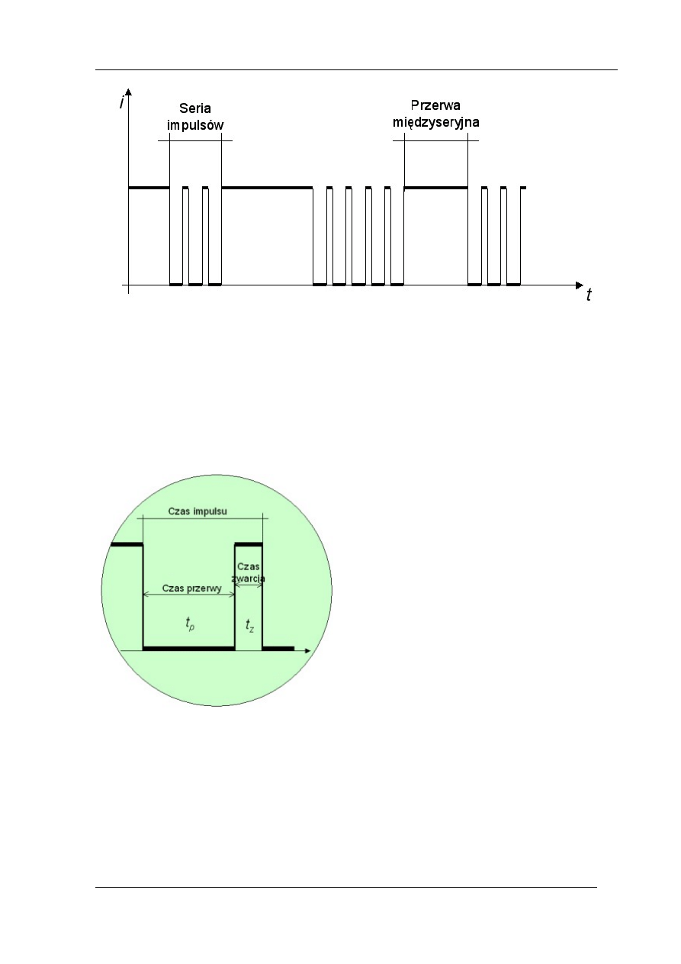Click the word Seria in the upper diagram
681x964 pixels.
pyautogui.click(x=194, y=108)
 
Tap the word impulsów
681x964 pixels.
pyautogui.click(x=195, y=125)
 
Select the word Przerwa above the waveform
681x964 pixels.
pyautogui.click(x=435, y=105)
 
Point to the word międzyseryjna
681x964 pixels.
pyautogui.click(x=436, y=123)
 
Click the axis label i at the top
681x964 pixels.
pyautogui.click(x=122, y=102)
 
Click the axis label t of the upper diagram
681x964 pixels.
pyautogui.click(x=589, y=295)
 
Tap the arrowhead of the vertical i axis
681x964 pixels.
pyautogui.click(x=128, y=92)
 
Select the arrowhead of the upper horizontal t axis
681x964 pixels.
pyautogui.click(x=579, y=285)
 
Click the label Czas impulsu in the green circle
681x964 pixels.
pyautogui.click(x=198, y=511)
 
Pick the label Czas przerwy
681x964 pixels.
pyautogui.click(x=191, y=588)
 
